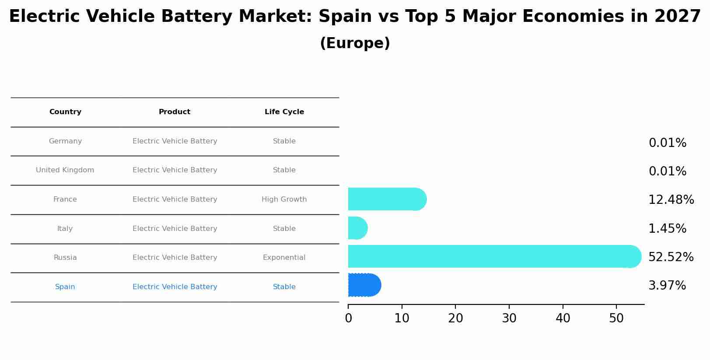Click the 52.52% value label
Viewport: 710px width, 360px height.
click(x=671, y=257)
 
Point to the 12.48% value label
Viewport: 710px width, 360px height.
click(x=671, y=200)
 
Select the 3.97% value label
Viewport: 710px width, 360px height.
click(x=667, y=286)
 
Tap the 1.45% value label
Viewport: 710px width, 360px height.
click(x=667, y=229)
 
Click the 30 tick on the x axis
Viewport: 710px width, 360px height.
click(x=509, y=318)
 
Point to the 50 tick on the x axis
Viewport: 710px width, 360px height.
click(x=616, y=318)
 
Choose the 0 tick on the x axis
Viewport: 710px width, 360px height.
click(x=348, y=318)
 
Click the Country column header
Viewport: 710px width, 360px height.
click(x=65, y=112)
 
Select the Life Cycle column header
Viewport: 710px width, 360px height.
click(x=284, y=112)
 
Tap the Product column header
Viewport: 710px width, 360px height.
click(x=175, y=112)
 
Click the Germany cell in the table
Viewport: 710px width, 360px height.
click(x=65, y=141)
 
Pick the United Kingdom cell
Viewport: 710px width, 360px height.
click(x=65, y=170)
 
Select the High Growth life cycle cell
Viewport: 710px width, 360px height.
click(x=284, y=199)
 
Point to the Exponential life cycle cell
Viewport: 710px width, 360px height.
click(x=284, y=258)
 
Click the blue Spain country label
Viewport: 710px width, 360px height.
click(x=65, y=287)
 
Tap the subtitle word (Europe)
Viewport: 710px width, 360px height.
click(x=355, y=43)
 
